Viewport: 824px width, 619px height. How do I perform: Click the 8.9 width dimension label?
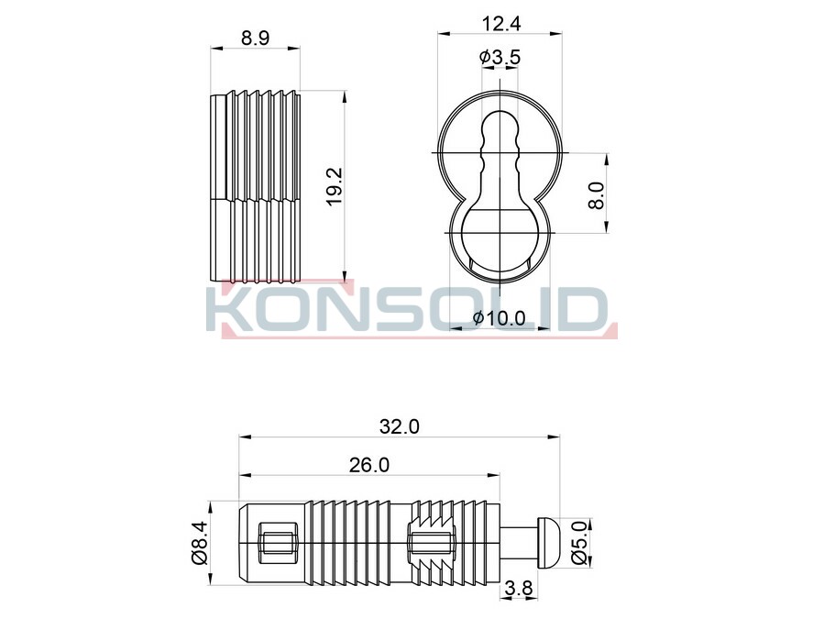pos(255,38)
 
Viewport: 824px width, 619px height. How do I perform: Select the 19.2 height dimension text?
pos(335,187)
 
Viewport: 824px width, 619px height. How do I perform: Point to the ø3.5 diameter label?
pos(500,57)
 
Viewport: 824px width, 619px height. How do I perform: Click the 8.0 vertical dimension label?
pos(597,195)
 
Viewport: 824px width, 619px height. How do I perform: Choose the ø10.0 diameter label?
pos(499,318)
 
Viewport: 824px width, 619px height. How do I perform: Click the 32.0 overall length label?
pos(400,426)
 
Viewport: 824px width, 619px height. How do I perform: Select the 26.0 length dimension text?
pos(369,465)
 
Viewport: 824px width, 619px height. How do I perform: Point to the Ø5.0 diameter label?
pos(579,543)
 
